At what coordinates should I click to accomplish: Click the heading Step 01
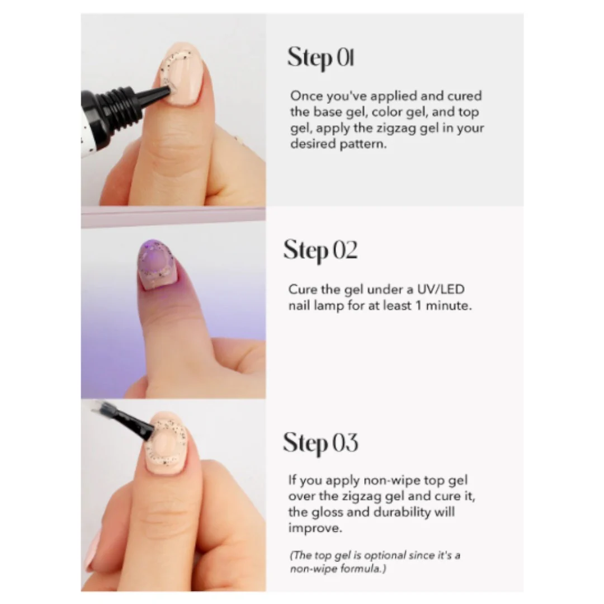tap(320, 58)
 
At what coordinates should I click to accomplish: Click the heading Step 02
tap(320, 251)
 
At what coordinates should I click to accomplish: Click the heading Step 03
tap(320, 443)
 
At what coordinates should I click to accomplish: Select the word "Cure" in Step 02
tap(303, 289)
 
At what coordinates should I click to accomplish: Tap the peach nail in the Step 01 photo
tap(183, 73)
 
